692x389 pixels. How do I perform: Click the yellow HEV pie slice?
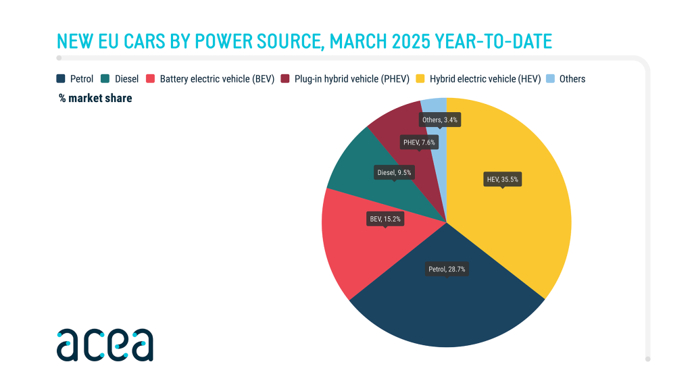[x=520, y=216]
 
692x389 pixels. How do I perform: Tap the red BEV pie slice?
[x=351, y=250]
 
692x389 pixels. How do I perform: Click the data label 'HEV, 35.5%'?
[x=503, y=180]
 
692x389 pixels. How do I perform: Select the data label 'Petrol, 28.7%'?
[x=447, y=269]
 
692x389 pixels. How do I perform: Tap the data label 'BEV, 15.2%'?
[x=385, y=219]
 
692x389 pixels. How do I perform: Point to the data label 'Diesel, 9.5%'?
[x=394, y=172]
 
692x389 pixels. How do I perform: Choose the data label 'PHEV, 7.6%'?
[x=420, y=142]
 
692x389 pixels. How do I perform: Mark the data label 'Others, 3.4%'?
[x=440, y=120]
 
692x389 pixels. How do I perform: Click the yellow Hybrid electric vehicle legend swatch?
[x=421, y=79]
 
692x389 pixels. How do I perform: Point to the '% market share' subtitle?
[x=95, y=99]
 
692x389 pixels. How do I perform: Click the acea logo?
[x=105, y=345]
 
